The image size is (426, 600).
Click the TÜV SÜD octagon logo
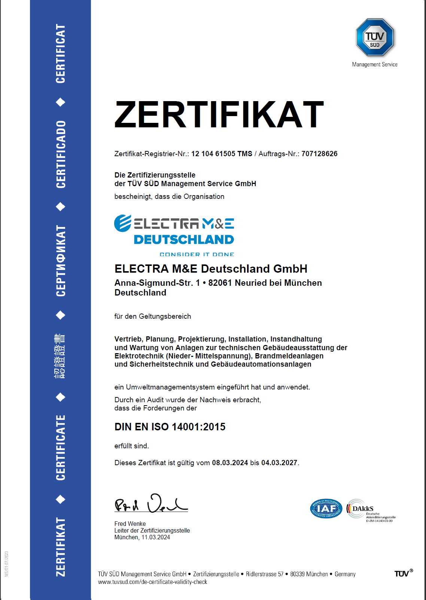pos(375,37)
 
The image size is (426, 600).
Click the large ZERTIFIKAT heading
pos(219,115)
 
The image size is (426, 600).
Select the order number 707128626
pos(319,154)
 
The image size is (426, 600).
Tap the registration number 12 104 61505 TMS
pos(222,154)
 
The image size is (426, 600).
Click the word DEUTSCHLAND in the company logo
pos(184,240)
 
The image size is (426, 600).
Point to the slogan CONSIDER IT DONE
pos(197,255)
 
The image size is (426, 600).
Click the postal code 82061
pos(220,283)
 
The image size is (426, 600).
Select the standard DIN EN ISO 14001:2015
pos(170,427)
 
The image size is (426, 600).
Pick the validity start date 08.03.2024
pos(230,463)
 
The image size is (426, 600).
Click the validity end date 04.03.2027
pos(279,463)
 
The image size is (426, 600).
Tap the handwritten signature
pos(151,504)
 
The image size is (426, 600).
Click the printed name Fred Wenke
pos(130,524)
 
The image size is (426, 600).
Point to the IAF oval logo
pos(326,509)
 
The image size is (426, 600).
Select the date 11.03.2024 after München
pos(155,537)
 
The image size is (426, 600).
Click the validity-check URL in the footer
pos(152,582)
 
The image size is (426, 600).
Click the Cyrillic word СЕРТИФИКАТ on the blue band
pos(61,261)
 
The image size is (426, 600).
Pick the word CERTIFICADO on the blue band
pos(61,154)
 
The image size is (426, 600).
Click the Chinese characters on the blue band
pos(60,356)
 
